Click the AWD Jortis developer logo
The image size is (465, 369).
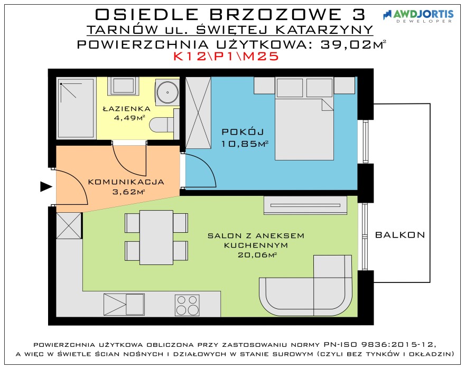(x=418, y=16)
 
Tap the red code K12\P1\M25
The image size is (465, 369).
(x=226, y=56)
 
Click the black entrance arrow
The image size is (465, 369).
(x=46, y=187)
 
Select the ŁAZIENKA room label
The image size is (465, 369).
(x=127, y=109)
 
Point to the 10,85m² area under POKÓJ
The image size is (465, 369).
(x=245, y=144)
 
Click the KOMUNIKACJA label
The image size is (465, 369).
(x=126, y=182)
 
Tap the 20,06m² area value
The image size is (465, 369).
(x=257, y=254)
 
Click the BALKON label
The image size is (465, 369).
(x=400, y=235)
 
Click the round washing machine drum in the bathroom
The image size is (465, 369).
(x=168, y=92)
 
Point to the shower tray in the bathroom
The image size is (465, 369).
(x=76, y=108)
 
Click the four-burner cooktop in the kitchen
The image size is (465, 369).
(x=187, y=305)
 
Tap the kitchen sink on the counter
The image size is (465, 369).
(x=124, y=305)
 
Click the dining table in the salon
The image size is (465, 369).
(x=156, y=237)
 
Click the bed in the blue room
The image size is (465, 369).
(x=304, y=119)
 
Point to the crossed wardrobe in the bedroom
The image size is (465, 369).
(x=198, y=112)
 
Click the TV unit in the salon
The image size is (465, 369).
(x=305, y=205)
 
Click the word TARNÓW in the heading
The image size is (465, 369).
(x=122, y=30)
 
